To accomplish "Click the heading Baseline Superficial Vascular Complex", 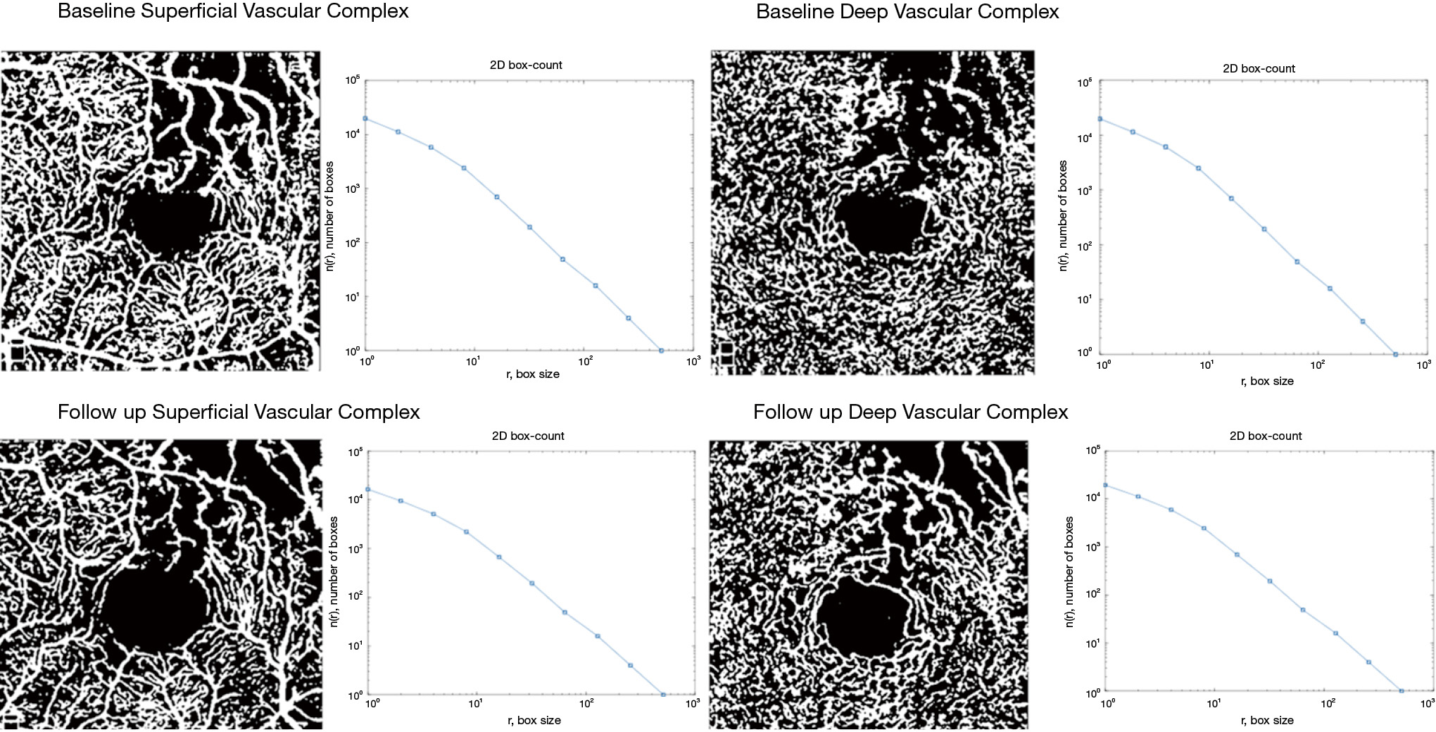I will pyautogui.click(x=233, y=12).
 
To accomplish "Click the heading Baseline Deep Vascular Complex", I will pyautogui.click(x=907, y=12).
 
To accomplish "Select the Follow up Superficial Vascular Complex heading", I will pyautogui.click(x=239, y=412).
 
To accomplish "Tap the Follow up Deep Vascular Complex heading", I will pyautogui.click(x=910, y=412).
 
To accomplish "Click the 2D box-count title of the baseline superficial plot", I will pyautogui.click(x=526, y=65).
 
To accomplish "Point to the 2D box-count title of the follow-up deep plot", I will pyautogui.click(x=1266, y=436).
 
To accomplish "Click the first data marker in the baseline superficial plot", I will pyautogui.click(x=365, y=118).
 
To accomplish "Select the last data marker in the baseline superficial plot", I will pyautogui.click(x=661, y=351).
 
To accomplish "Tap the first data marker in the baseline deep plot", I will pyautogui.click(x=1100, y=119).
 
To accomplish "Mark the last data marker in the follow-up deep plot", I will pyautogui.click(x=1402, y=691).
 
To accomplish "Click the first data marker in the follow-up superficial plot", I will pyautogui.click(x=367, y=489).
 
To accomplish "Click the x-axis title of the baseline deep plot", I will pyautogui.click(x=1267, y=381).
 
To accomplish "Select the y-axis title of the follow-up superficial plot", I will pyautogui.click(x=334, y=572).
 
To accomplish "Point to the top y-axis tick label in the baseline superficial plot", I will pyautogui.click(x=352, y=80).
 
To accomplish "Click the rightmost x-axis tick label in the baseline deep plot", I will pyautogui.click(x=1423, y=365).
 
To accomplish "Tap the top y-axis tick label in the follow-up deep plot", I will pyautogui.click(x=1092, y=450).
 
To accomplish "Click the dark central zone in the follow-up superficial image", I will pyautogui.click(x=153, y=607).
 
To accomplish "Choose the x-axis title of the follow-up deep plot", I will pyautogui.click(x=1267, y=721).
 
